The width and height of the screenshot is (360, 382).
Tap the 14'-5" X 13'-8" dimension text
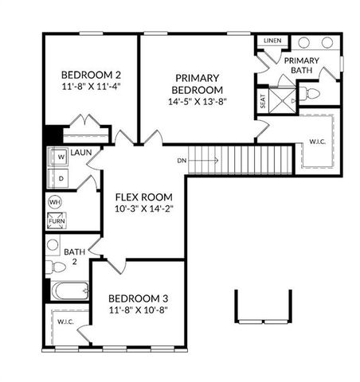pos(198,102)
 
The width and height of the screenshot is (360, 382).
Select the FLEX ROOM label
pos(145,197)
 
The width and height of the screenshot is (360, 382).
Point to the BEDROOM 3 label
pos(138,298)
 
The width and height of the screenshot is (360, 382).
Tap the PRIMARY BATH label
pos(302,66)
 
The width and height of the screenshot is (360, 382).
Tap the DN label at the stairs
pos(183,160)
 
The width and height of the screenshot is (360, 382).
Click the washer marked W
pos(60,158)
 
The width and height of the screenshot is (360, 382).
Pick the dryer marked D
pos(60,179)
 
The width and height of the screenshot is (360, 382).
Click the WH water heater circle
pos(55,202)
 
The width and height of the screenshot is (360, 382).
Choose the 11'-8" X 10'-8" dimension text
pos(138,311)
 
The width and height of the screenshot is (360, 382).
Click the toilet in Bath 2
pos(53,267)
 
